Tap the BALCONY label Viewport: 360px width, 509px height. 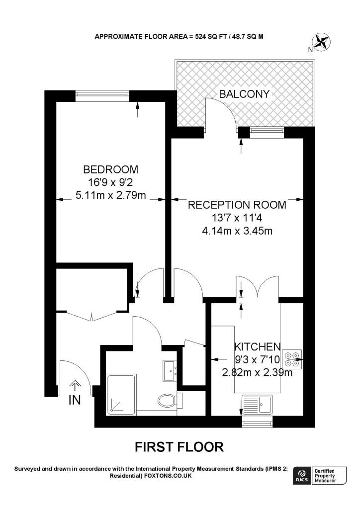coord(245,94)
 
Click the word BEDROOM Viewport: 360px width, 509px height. coord(110,169)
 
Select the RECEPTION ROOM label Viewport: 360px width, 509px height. coord(237,205)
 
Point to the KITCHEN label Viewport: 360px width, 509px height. coord(258,346)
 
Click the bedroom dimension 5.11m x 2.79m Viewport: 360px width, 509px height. coord(110,195)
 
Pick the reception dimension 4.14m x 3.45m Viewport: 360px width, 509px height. coord(237,231)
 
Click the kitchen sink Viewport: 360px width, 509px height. coord(257,404)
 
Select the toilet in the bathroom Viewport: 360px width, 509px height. coord(168,399)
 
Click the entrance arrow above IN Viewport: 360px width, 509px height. coord(75,386)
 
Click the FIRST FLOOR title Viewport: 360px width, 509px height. coord(180,447)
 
